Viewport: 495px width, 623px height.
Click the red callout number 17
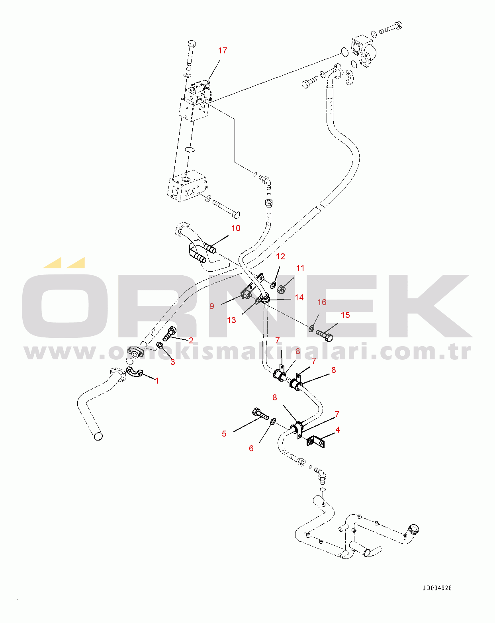(x=223, y=51)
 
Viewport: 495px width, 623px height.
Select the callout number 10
(x=236, y=228)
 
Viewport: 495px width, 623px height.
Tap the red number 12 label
(x=280, y=257)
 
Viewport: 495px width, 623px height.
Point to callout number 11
(x=300, y=268)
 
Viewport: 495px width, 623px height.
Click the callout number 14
(x=299, y=298)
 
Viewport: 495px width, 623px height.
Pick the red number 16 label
(x=322, y=302)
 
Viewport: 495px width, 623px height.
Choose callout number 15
(x=345, y=315)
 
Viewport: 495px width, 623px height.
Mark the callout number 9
(x=212, y=306)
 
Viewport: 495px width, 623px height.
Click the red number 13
(x=231, y=320)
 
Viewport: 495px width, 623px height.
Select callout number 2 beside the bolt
(x=191, y=340)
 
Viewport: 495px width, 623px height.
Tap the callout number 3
(x=173, y=362)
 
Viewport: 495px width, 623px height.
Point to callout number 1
(x=157, y=381)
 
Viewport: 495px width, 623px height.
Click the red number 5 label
(x=224, y=433)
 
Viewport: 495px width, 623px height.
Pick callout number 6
(x=251, y=449)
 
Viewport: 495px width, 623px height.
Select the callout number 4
(x=338, y=430)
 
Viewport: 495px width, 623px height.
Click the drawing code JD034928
(x=437, y=588)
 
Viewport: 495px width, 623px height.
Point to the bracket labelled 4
(x=316, y=441)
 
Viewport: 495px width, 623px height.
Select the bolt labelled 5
(x=260, y=414)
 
